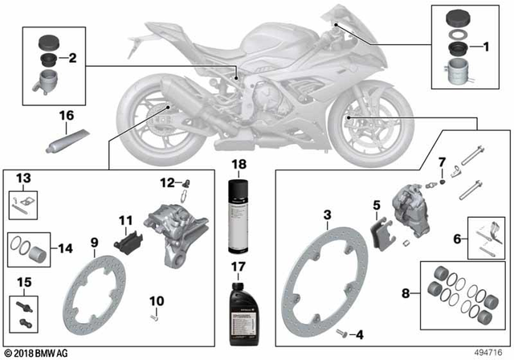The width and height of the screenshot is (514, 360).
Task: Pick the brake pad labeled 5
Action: point(377,231)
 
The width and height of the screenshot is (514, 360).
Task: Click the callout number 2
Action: point(72,58)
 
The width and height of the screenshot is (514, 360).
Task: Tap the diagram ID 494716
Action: point(489,350)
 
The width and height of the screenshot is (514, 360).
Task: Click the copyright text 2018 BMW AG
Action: point(37,351)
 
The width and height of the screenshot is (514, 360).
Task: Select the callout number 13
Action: point(23,177)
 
